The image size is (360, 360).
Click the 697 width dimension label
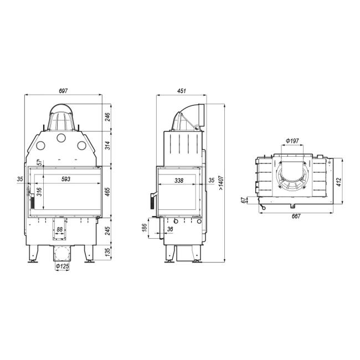click(63, 91)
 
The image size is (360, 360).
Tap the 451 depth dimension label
click(181, 91)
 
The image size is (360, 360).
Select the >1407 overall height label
click(220, 183)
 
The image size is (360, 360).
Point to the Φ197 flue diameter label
click(292, 141)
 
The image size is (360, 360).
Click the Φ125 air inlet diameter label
click(62, 266)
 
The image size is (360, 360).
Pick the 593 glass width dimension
click(66, 179)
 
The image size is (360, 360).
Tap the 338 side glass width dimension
click(179, 181)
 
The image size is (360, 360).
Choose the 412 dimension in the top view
click(339, 182)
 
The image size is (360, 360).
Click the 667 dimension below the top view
click(296, 216)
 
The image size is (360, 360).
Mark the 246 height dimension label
click(107, 117)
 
